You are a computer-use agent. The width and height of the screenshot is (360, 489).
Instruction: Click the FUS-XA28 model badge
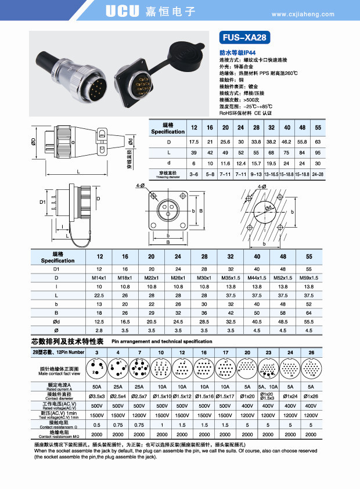(x=244, y=38)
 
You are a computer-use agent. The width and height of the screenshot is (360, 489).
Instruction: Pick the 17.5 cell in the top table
(x=193, y=142)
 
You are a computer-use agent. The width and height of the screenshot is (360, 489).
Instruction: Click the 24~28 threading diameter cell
(x=318, y=174)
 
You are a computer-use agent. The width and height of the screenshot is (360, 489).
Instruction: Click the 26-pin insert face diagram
(x=311, y=367)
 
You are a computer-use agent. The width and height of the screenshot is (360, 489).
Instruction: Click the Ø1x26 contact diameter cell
(x=311, y=396)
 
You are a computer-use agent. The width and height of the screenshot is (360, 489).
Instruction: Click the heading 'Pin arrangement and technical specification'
(x=161, y=341)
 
